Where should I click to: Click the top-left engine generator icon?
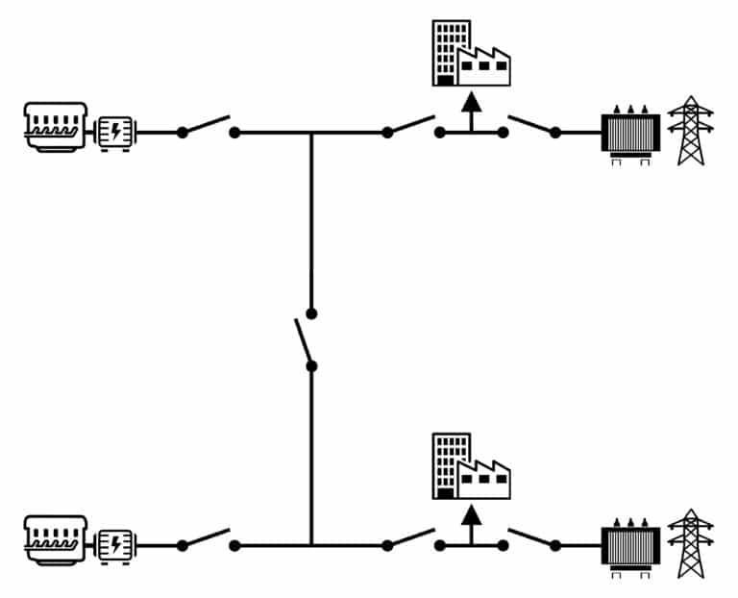click(56, 127)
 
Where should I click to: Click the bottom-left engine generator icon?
click(56, 539)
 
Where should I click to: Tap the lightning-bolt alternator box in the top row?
click(115, 132)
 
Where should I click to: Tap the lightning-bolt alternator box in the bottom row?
click(115, 544)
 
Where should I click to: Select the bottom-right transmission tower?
click(691, 543)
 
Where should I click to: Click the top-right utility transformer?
click(630, 133)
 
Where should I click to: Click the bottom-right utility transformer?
click(630, 545)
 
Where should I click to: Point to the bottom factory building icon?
click(470, 467)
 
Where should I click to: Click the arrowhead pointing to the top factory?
click(470, 101)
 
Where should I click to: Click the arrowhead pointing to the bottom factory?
click(470, 514)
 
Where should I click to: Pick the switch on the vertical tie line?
click(307, 339)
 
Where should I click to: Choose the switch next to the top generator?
click(208, 127)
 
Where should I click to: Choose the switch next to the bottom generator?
click(208, 539)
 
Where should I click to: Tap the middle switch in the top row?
click(413, 127)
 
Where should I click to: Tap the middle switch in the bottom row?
click(413, 539)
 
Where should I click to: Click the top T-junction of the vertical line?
click(311, 133)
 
